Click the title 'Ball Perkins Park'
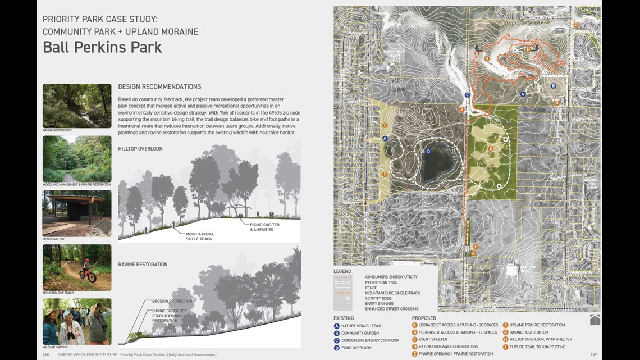(x=102, y=47)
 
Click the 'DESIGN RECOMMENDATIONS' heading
(x=159, y=87)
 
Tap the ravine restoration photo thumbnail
(x=77, y=106)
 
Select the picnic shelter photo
(x=77, y=213)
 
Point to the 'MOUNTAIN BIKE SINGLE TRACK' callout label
(x=200, y=236)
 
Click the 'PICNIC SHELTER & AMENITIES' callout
(x=264, y=227)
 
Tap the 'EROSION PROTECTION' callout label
(x=172, y=301)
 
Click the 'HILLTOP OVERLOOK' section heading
(x=140, y=149)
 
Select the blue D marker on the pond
(x=428, y=151)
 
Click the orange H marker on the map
(x=528, y=49)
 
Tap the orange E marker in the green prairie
(x=491, y=148)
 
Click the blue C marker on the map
(x=467, y=95)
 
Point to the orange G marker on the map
(x=487, y=58)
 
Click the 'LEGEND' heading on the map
(x=342, y=271)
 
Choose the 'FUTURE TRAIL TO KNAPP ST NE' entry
(x=537, y=347)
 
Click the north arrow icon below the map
(x=595, y=320)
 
